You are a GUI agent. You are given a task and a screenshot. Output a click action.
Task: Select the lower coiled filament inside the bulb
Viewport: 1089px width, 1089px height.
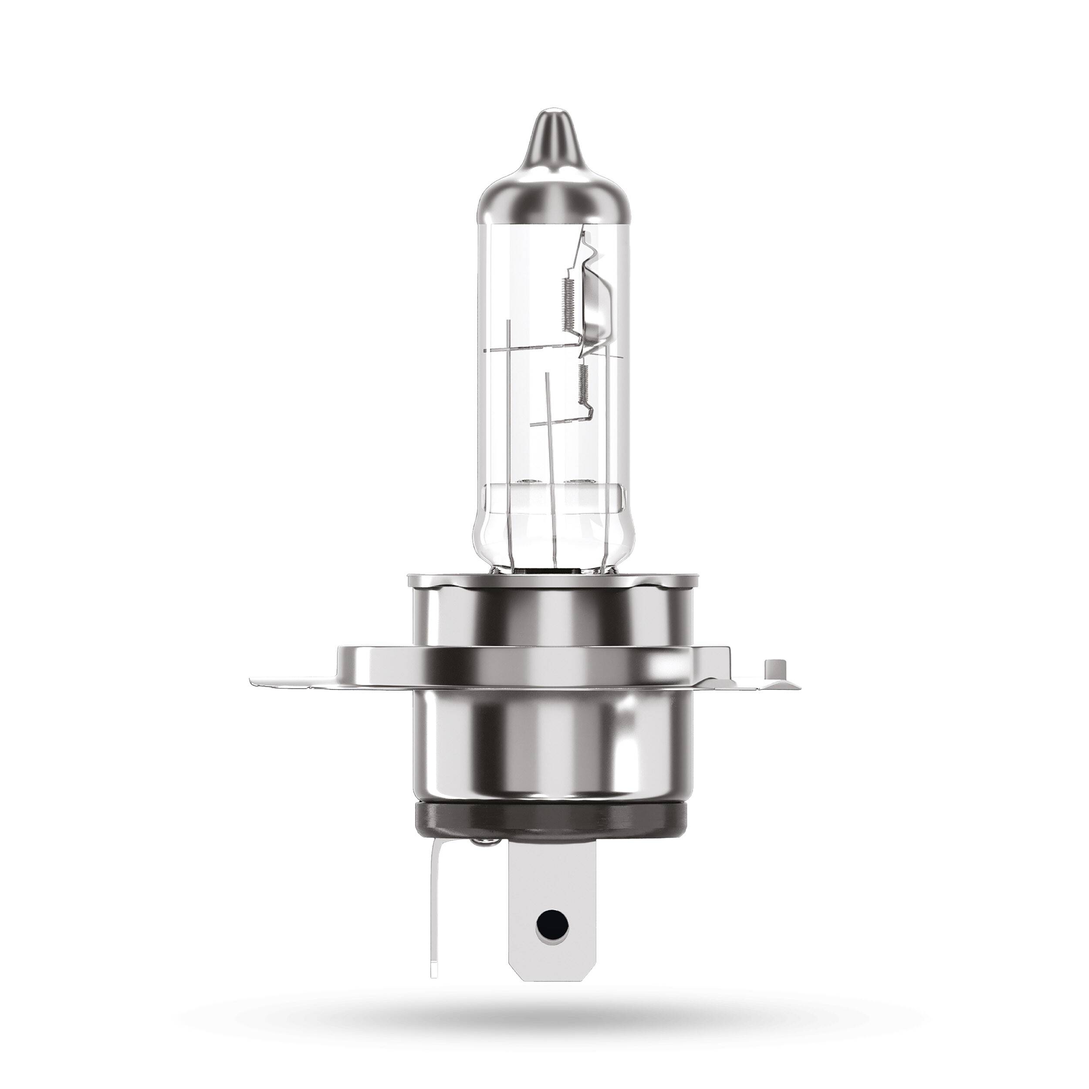(x=584, y=385)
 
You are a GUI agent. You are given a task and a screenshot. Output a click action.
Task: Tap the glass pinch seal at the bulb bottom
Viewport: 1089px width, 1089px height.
(x=550, y=530)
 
